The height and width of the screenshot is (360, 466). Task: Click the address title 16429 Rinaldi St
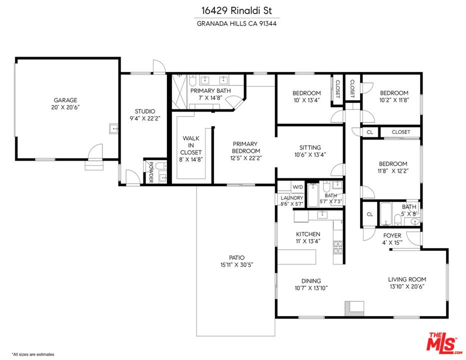(233, 10)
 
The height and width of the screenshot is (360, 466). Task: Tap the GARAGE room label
(65, 100)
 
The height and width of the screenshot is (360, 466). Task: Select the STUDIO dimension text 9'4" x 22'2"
(145, 119)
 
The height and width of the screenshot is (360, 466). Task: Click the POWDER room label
(149, 173)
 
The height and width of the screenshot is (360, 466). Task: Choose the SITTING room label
(310, 147)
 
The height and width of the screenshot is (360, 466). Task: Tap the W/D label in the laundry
(297, 187)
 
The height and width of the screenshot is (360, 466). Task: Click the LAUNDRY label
(291, 197)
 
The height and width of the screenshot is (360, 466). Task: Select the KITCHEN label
(308, 234)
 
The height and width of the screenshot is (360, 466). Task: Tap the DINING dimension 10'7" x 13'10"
(310, 288)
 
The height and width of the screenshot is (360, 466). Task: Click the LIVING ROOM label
(407, 279)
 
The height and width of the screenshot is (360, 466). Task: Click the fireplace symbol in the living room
(355, 307)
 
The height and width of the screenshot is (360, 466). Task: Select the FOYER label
(392, 235)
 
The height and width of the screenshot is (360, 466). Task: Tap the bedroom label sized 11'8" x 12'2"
(392, 164)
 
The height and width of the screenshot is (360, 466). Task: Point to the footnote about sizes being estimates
(33, 354)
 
